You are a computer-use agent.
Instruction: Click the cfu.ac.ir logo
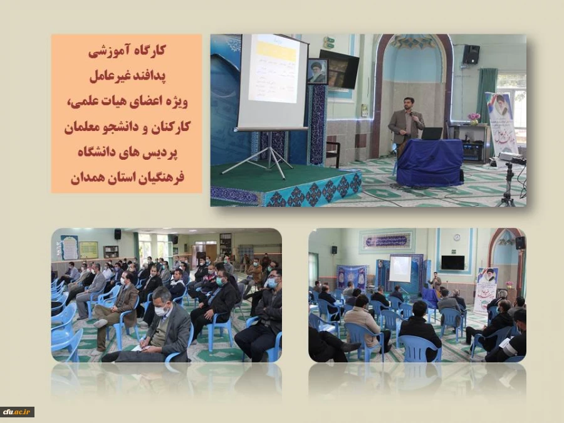pyautogui.click(x=17, y=412)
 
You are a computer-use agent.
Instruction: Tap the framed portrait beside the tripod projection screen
pyautogui.click(x=317, y=71)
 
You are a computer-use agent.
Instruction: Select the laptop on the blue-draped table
pyautogui.click(x=432, y=133)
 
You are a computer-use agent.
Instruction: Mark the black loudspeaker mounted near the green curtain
pyautogui.click(x=471, y=55)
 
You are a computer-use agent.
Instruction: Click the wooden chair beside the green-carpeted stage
pyautogui.click(x=333, y=153)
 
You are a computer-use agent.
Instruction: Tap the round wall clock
pyautogui.click(x=457, y=238)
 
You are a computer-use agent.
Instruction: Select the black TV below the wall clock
pyautogui.click(x=452, y=262)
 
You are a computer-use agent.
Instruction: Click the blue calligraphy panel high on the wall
pyautogui.click(x=386, y=241)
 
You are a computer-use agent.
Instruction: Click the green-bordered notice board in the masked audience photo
pyautogui.click(x=88, y=249)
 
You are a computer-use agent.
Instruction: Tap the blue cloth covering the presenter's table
pyautogui.click(x=430, y=163)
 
